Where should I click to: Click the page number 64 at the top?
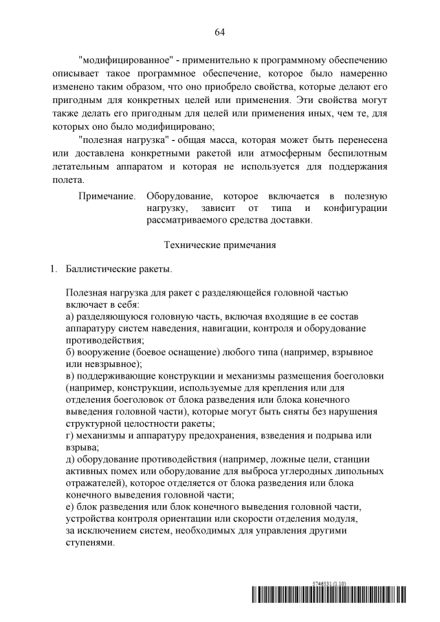pos(220,32)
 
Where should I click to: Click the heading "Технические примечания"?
pos(220,244)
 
